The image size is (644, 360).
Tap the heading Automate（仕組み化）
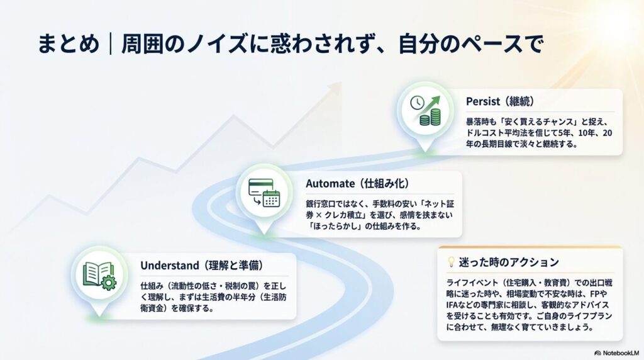coord(357,183)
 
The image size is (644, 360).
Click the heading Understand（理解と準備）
coord(201,266)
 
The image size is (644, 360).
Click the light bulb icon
coord(450,262)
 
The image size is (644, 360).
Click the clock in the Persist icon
coord(416,103)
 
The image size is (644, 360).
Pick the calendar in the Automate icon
coord(271,199)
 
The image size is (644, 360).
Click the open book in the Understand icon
coord(95,273)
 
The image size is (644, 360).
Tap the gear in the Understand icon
coord(109,283)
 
